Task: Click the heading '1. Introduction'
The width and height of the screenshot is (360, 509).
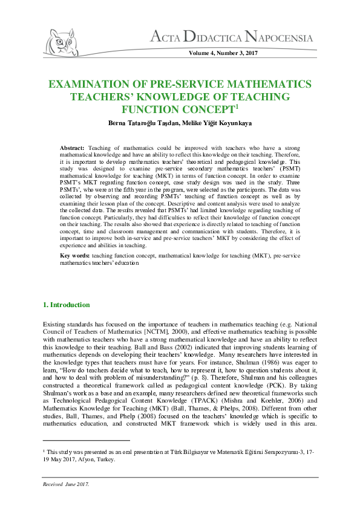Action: pyautogui.click(x=67, y=305)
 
